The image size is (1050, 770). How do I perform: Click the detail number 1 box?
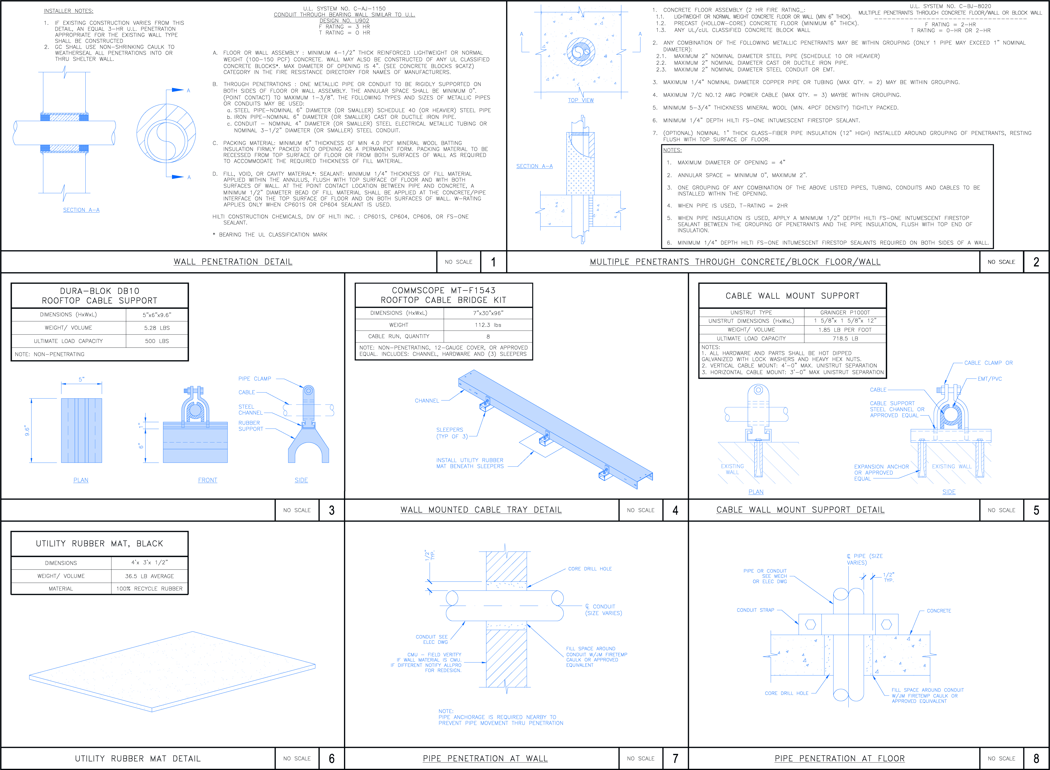coord(493,262)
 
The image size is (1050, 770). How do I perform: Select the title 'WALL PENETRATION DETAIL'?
coord(233,262)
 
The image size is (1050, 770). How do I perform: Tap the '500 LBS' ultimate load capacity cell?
coord(157,341)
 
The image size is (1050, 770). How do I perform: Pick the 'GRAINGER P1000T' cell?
coord(845,312)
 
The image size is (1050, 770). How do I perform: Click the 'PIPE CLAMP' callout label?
coord(255,379)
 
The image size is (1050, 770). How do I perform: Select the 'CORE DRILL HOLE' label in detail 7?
coord(590,569)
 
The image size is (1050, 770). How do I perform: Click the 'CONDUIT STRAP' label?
coord(755,610)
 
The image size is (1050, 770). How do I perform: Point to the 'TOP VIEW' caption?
coord(581,100)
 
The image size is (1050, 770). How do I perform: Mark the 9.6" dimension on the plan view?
coord(27,431)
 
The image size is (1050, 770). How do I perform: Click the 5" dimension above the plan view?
coord(82,379)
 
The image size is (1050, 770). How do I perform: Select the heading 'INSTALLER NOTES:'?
coord(69,11)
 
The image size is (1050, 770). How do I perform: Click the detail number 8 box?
coord(1037,758)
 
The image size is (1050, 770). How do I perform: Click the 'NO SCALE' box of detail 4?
coord(641,510)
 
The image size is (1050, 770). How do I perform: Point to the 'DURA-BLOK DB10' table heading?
coord(100,291)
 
